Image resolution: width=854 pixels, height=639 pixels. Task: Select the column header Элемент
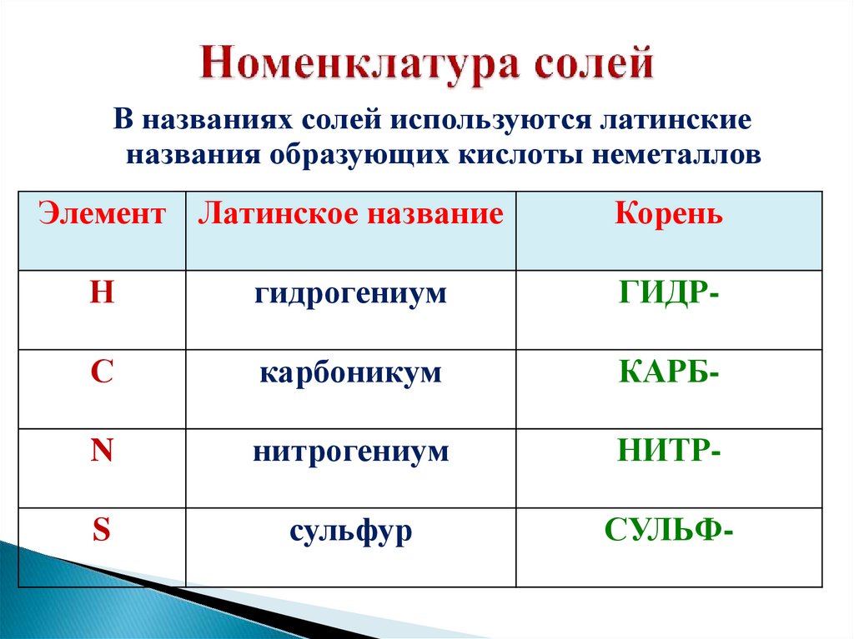(102, 215)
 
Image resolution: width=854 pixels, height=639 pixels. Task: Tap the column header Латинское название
(350, 215)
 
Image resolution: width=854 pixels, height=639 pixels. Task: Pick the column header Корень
(669, 215)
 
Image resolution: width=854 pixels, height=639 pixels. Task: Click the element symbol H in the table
(102, 294)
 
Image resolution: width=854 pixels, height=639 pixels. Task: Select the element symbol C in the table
(102, 372)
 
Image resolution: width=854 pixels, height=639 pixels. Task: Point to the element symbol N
(102, 452)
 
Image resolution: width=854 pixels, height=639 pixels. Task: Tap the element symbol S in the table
(102, 531)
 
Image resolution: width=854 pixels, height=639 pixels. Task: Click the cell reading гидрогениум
(351, 294)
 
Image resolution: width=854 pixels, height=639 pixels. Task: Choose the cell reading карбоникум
(350, 372)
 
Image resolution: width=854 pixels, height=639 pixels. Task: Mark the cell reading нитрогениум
(351, 452)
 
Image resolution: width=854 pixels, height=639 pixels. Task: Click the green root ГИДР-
(669, 294)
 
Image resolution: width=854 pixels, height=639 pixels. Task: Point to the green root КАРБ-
(669, 372)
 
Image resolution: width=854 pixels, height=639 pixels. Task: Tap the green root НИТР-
(669, 452)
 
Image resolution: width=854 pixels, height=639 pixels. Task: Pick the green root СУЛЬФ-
(669, 531)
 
